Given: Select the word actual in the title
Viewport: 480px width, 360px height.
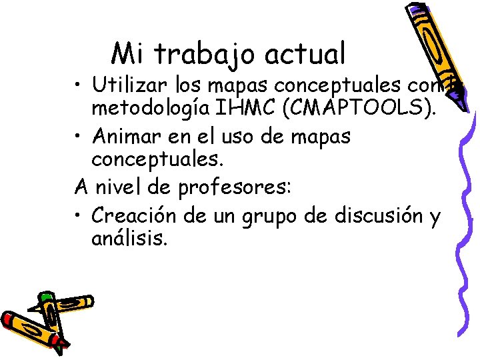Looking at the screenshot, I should (x=309, y=53).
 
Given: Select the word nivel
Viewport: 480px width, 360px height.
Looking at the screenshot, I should (x=131, y=189).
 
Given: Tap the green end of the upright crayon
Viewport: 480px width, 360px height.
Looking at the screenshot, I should (x=45, y=297).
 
